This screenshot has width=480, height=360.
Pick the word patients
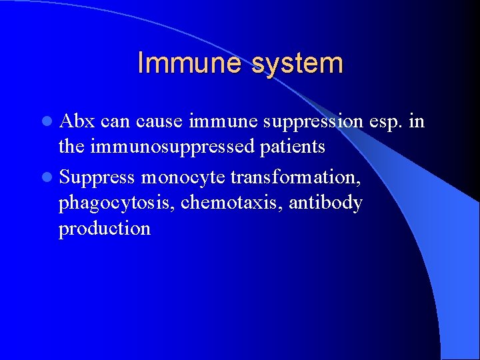coord(294,147)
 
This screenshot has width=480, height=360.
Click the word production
coord(105,229)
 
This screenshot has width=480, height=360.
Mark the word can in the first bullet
coord(116,121)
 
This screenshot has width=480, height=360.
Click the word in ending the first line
coord(417,121)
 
